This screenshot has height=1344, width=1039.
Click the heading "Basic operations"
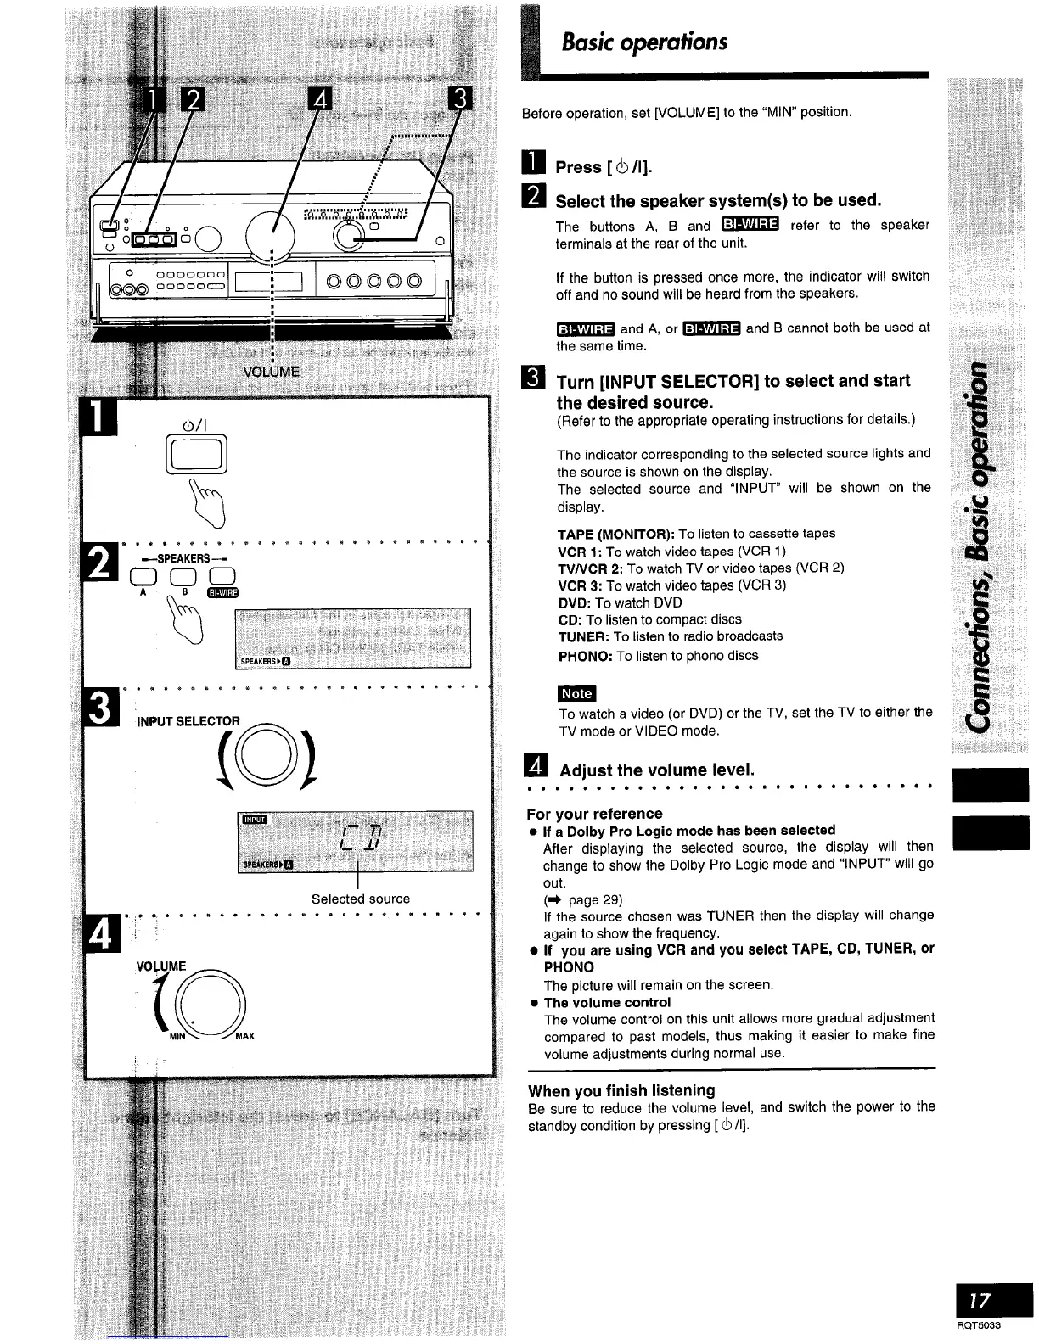(x=645, y=42)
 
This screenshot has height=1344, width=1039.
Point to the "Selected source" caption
(x=360, y=899)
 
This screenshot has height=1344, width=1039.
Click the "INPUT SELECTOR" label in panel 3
(x=188, y=721)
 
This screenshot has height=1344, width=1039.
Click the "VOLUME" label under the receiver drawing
(x=271, y=372)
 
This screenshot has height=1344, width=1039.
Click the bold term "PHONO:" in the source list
(x=585, y=656)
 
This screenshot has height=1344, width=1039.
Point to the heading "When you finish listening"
(x=621, y=1090)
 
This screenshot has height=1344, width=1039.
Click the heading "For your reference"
(x=594, y=814)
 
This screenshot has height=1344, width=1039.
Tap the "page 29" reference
(x=596, y=899)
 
